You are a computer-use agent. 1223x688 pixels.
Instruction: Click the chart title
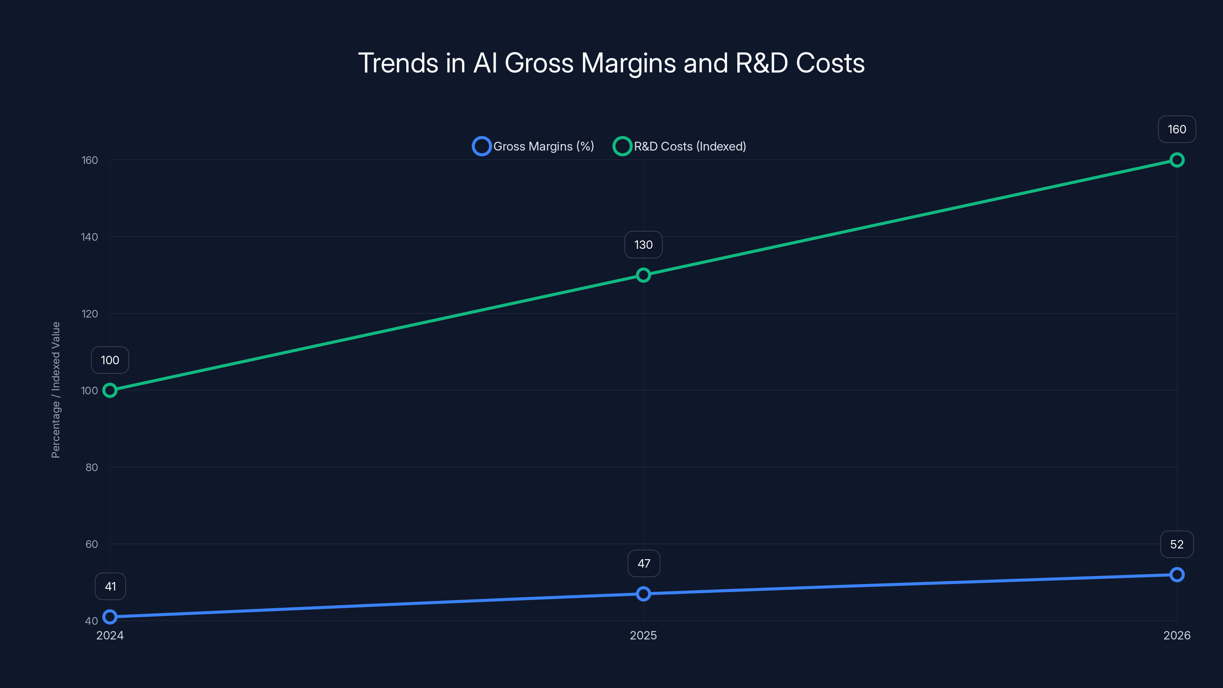[611, 63]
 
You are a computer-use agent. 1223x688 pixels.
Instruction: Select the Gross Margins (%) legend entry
[533, 146]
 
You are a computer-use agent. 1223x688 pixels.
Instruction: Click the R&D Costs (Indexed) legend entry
[680, 146]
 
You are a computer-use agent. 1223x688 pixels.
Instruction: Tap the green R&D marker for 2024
[110, 390]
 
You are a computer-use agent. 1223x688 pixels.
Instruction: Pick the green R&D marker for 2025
[643, 275]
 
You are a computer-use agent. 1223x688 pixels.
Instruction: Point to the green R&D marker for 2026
[1176, 160]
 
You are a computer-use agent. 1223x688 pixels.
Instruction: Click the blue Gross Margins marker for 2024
[110, 617]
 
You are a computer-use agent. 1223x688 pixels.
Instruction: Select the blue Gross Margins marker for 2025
[643, 594]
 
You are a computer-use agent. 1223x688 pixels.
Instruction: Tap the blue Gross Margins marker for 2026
[1176, 574]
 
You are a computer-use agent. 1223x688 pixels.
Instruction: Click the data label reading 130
[643, 245]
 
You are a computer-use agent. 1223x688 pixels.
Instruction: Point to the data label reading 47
[643, 564]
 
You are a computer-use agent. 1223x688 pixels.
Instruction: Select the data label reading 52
[1176, 544]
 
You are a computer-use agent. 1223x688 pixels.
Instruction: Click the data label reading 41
[110, 586]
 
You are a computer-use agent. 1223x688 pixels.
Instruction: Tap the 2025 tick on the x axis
[643, 635]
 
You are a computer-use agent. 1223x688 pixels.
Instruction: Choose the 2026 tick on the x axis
[1176, 635]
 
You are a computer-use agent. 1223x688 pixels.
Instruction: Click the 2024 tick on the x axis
[110, 635]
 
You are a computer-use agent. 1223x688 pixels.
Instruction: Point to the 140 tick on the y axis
[89, 237]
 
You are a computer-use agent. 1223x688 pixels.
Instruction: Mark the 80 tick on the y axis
[92, 467]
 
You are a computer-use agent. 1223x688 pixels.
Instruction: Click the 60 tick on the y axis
[92, 544]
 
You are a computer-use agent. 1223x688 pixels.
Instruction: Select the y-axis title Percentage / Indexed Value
[55, 390]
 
